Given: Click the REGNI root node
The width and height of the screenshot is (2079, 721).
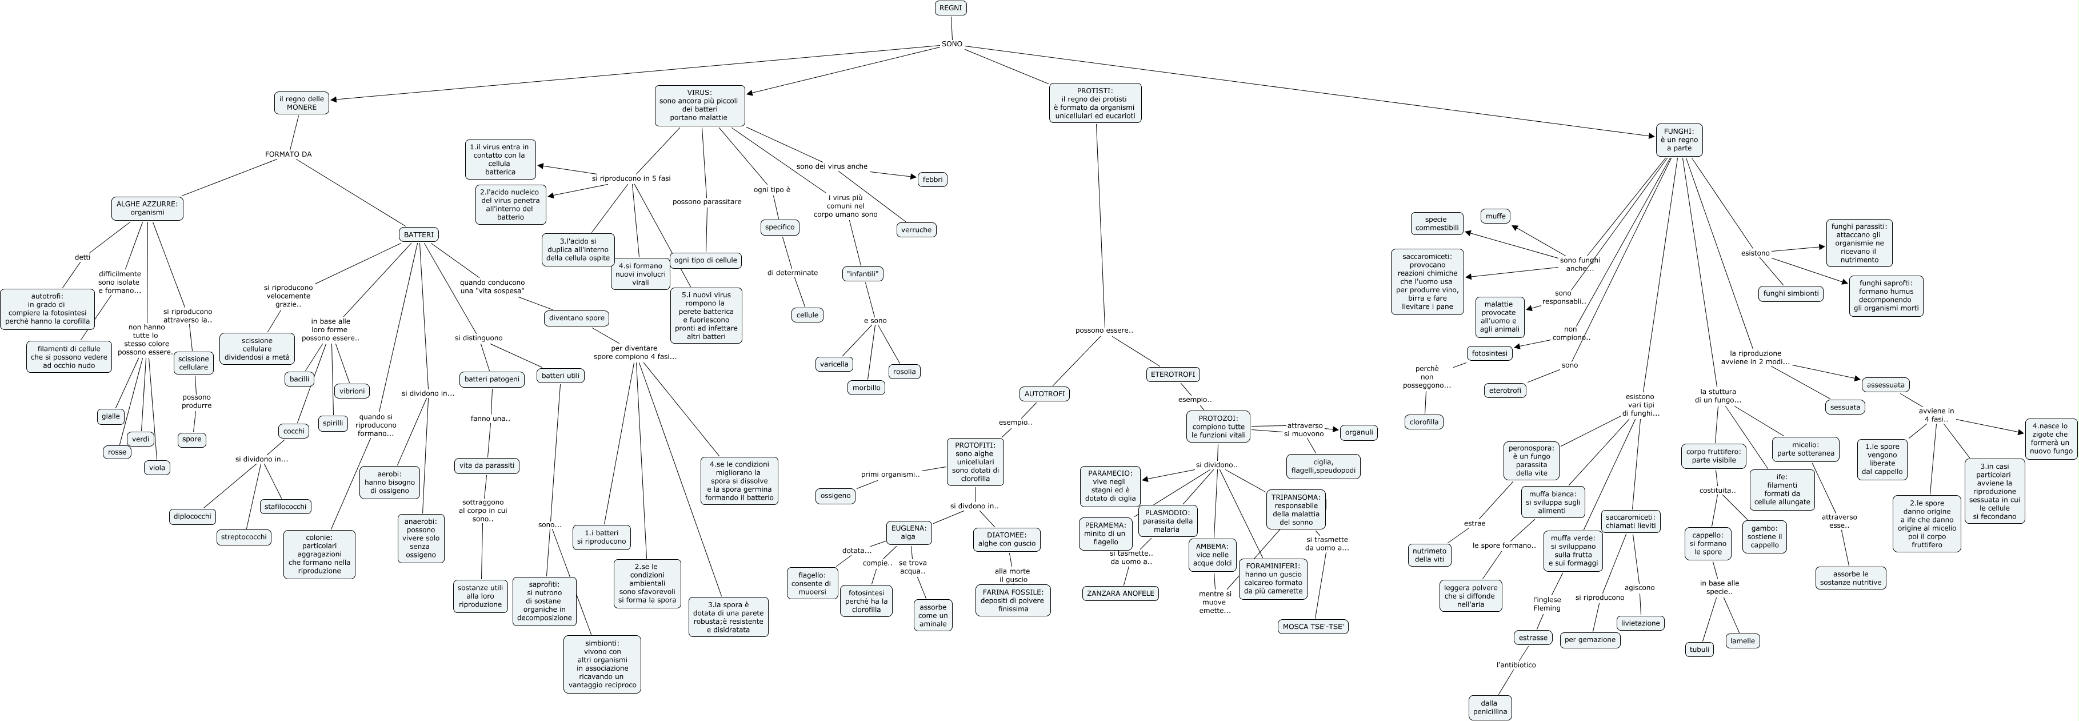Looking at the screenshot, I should click(x=951, y=8).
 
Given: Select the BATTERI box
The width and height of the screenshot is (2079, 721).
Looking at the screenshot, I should click(x=418, y=235).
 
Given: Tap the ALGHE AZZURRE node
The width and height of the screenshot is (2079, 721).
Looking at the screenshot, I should click(x=147, y=208).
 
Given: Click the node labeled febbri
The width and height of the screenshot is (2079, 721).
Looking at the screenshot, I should click(x=932, y=179).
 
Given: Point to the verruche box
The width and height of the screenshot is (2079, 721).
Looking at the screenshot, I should click(x=916, y=229).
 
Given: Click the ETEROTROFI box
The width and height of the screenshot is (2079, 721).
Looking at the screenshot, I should click(x=1173, y=375).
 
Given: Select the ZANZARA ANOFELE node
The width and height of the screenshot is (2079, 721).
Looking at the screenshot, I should click(x=1120, y=593).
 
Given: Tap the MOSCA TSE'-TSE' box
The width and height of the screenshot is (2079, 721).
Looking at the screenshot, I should click(x=1313, y=627).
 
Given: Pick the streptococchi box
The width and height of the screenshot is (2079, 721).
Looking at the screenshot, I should click(x=244, y=537).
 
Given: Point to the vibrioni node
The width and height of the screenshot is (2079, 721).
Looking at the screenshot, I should click(x=352, y=391).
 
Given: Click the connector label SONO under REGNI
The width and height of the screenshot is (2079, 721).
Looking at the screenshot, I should click(x=951, y=45).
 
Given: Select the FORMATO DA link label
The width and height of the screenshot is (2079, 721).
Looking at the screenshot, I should click(x=288, y=154).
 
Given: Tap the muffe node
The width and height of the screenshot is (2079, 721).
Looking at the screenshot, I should click(x=1496, y=216).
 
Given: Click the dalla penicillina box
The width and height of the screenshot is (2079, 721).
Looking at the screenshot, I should click(x=1489, y=707).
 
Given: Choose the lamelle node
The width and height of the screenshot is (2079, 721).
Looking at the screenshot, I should click(x=1742, y=641).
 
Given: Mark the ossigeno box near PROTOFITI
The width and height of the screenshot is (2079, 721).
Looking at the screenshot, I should click(x=835, y=496).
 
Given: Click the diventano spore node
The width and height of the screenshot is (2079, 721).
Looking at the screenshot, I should click(x=576, y=318).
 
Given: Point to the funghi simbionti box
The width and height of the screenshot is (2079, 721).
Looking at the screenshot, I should click(x=1790, y=293).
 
